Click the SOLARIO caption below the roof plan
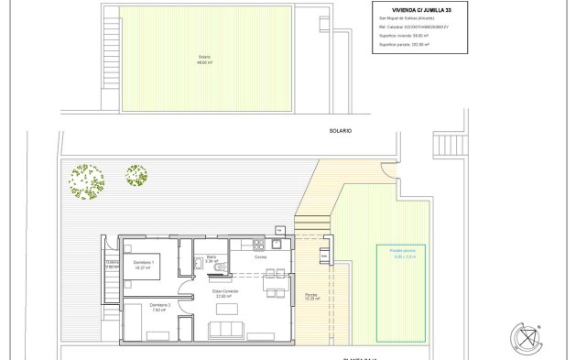click(341, 131)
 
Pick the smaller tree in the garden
click(136, 174)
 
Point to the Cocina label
click(261, 257)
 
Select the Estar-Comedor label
click(226, 293)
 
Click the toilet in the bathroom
click(200, 265)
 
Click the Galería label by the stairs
click(112, 263)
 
